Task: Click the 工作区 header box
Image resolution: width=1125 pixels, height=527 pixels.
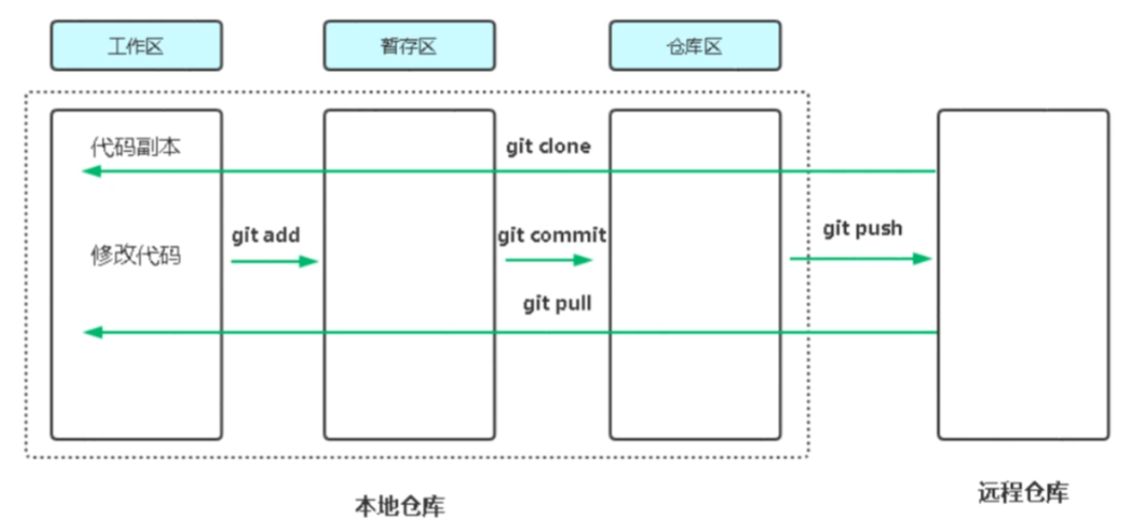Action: coord(136,46)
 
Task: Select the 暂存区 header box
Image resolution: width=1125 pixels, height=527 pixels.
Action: coord(409,46)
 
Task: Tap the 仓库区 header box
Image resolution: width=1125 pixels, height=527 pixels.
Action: coord(696,46)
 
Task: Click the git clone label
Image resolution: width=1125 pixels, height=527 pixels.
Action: coord(548,146)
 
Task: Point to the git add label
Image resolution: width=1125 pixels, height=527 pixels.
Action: coord(266,235)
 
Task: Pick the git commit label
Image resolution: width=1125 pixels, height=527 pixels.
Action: coord(552,235)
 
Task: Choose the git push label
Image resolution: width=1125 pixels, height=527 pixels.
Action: coord(863,229)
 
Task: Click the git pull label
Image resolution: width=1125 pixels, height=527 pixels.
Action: coord(557,304)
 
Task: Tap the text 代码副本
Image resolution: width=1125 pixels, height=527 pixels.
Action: coord(135,147)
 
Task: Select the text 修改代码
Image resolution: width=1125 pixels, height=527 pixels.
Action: coord(135,255)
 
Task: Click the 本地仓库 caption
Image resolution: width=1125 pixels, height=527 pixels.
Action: coord(400,506)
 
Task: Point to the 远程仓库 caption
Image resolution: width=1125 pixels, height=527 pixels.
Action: coord(1023,492)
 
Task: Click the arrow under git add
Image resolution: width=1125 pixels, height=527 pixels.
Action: coord(274,261)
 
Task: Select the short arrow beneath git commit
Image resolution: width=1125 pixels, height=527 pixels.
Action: coord(549,260)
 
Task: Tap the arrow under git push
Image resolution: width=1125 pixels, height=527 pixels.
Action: coord(861,259)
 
